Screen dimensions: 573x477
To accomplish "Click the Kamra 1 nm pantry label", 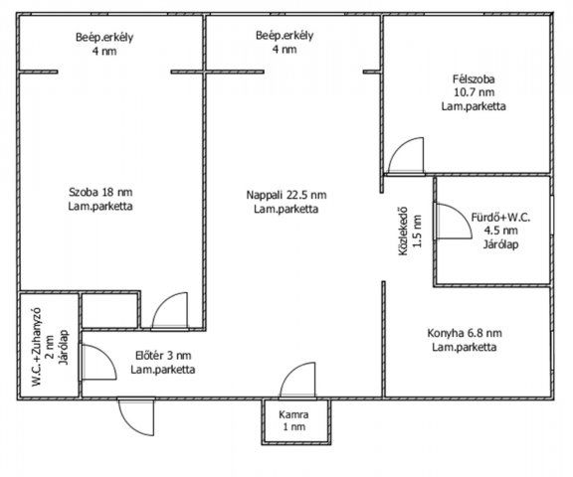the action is [293, 420].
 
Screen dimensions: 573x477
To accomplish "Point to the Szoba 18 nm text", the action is [100, 192].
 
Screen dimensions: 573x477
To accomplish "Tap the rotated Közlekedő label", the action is [404, 232].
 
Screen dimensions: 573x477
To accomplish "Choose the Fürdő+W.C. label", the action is [500, 218].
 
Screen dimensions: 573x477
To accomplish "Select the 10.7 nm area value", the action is [474, 92].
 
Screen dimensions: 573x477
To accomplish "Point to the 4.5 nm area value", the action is [500, 231].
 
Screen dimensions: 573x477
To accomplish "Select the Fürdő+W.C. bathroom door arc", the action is [460, 214].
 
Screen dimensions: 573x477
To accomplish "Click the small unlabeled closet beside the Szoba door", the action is [109, 311].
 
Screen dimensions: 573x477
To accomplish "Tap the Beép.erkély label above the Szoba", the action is [104, 44].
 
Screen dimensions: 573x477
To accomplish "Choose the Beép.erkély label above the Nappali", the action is [285, 43].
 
